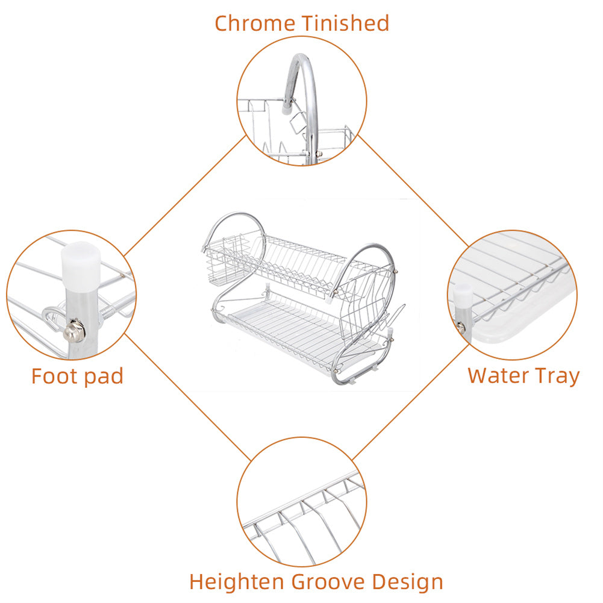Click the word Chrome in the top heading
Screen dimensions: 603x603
255,23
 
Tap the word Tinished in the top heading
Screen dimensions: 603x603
346,23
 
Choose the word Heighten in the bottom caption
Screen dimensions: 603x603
237,582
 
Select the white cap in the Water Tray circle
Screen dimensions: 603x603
463,298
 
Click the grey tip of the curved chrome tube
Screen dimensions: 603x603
286,107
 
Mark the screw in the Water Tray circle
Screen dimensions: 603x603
461,327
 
